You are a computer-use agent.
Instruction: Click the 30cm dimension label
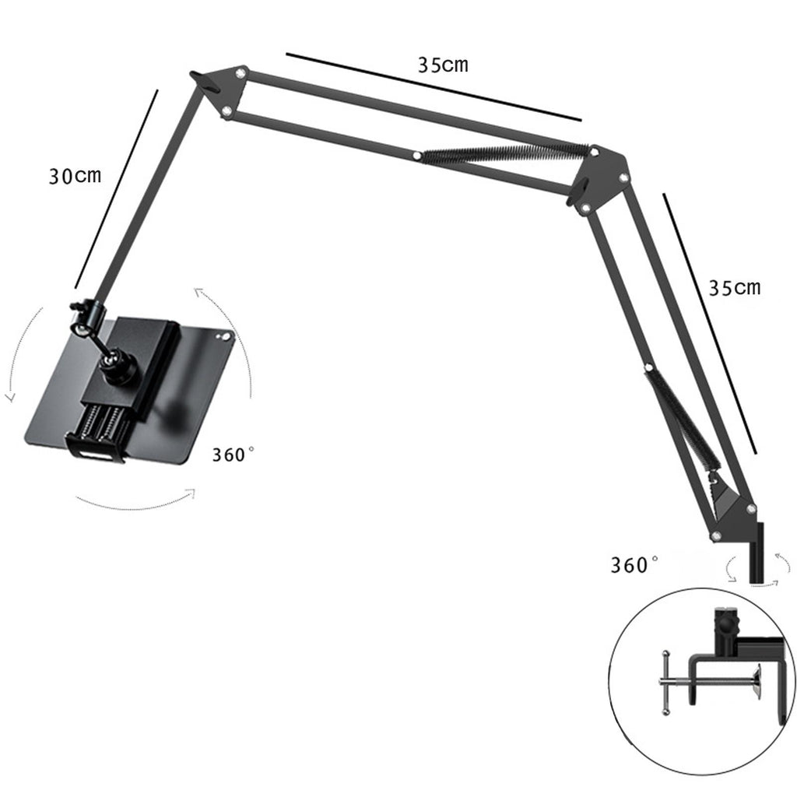click(75, 176)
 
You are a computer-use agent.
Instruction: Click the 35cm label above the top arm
click(443, 65)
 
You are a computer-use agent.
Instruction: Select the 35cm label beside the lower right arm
click(735, 288)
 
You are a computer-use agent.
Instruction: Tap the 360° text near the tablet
click(233, 454)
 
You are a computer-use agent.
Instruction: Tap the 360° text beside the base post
click(634, 565)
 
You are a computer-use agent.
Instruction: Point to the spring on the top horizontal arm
click(505, 153)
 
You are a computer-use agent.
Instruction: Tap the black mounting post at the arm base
click(757, 553)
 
